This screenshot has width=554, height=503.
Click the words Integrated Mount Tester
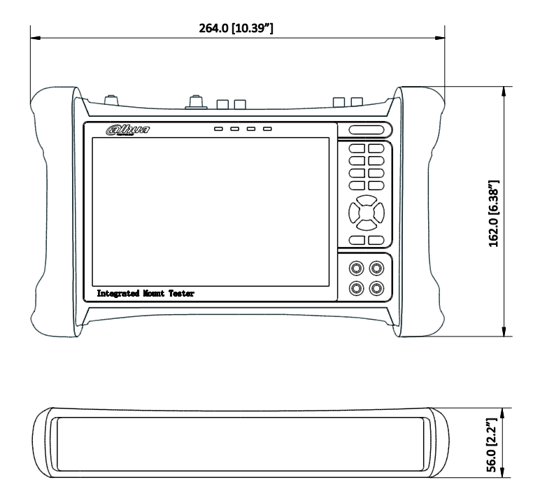[x=145, y=295]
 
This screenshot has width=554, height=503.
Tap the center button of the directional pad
[x=367, y=211]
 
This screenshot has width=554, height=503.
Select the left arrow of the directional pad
[x=353, y=211]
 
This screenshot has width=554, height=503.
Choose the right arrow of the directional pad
[x=380, y=211]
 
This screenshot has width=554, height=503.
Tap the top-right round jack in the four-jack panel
[x=377, y=267]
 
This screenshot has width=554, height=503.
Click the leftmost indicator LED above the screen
[x=219, y=129]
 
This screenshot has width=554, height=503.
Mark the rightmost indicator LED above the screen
[x=267, y=129]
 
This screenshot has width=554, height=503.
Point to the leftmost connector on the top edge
[x=111, y=101]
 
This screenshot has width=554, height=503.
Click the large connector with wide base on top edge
[x=194, y=104]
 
